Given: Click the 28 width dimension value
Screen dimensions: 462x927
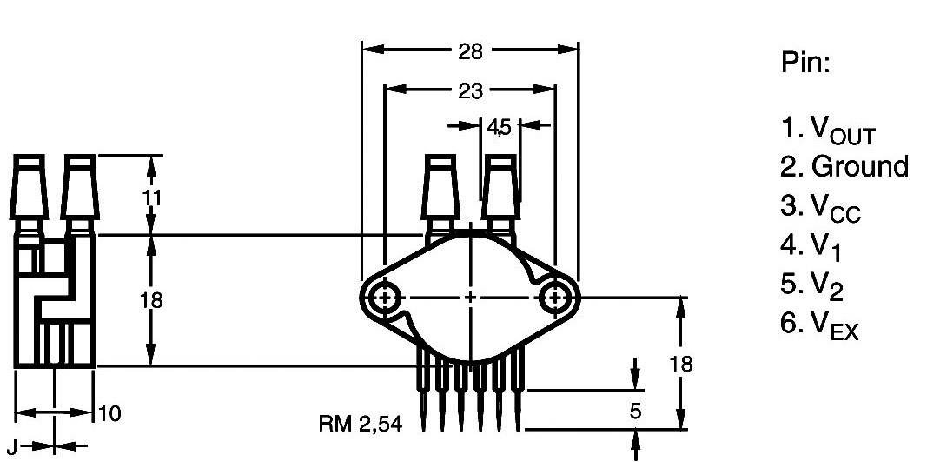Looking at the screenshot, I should [470, 50].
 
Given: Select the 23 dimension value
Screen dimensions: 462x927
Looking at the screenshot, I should [470, 90].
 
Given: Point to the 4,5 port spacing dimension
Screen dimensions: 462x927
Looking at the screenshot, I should [500, 127].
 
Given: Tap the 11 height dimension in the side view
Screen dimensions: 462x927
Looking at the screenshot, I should [152, 198].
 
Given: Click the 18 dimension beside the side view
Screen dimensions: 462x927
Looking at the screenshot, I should [152, 300].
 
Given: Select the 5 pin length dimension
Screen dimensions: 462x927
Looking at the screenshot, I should [636, 411].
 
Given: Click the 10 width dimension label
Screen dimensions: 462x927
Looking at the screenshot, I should [109, 414].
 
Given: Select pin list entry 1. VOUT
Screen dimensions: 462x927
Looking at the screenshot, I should [828, 131].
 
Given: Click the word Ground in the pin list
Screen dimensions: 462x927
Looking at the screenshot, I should [860, 166].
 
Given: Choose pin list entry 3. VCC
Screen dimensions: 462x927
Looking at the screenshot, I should [822, 207].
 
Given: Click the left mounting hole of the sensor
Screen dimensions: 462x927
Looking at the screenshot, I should [383, 298].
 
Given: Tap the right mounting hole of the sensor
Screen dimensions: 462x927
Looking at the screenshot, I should [554, 298].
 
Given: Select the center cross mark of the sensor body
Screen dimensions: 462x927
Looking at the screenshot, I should [470, 298].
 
